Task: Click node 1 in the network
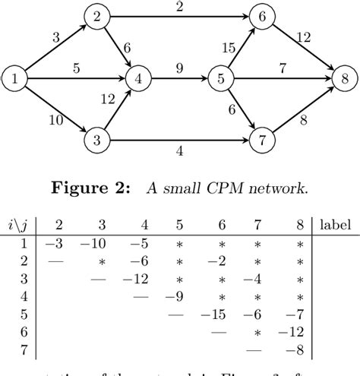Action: point(14,77)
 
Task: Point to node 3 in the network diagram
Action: point(96,140)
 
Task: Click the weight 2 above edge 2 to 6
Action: point(178,7)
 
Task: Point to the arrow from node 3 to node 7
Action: point(178,140)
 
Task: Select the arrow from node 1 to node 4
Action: point(76,77)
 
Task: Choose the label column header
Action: point(336,226)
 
